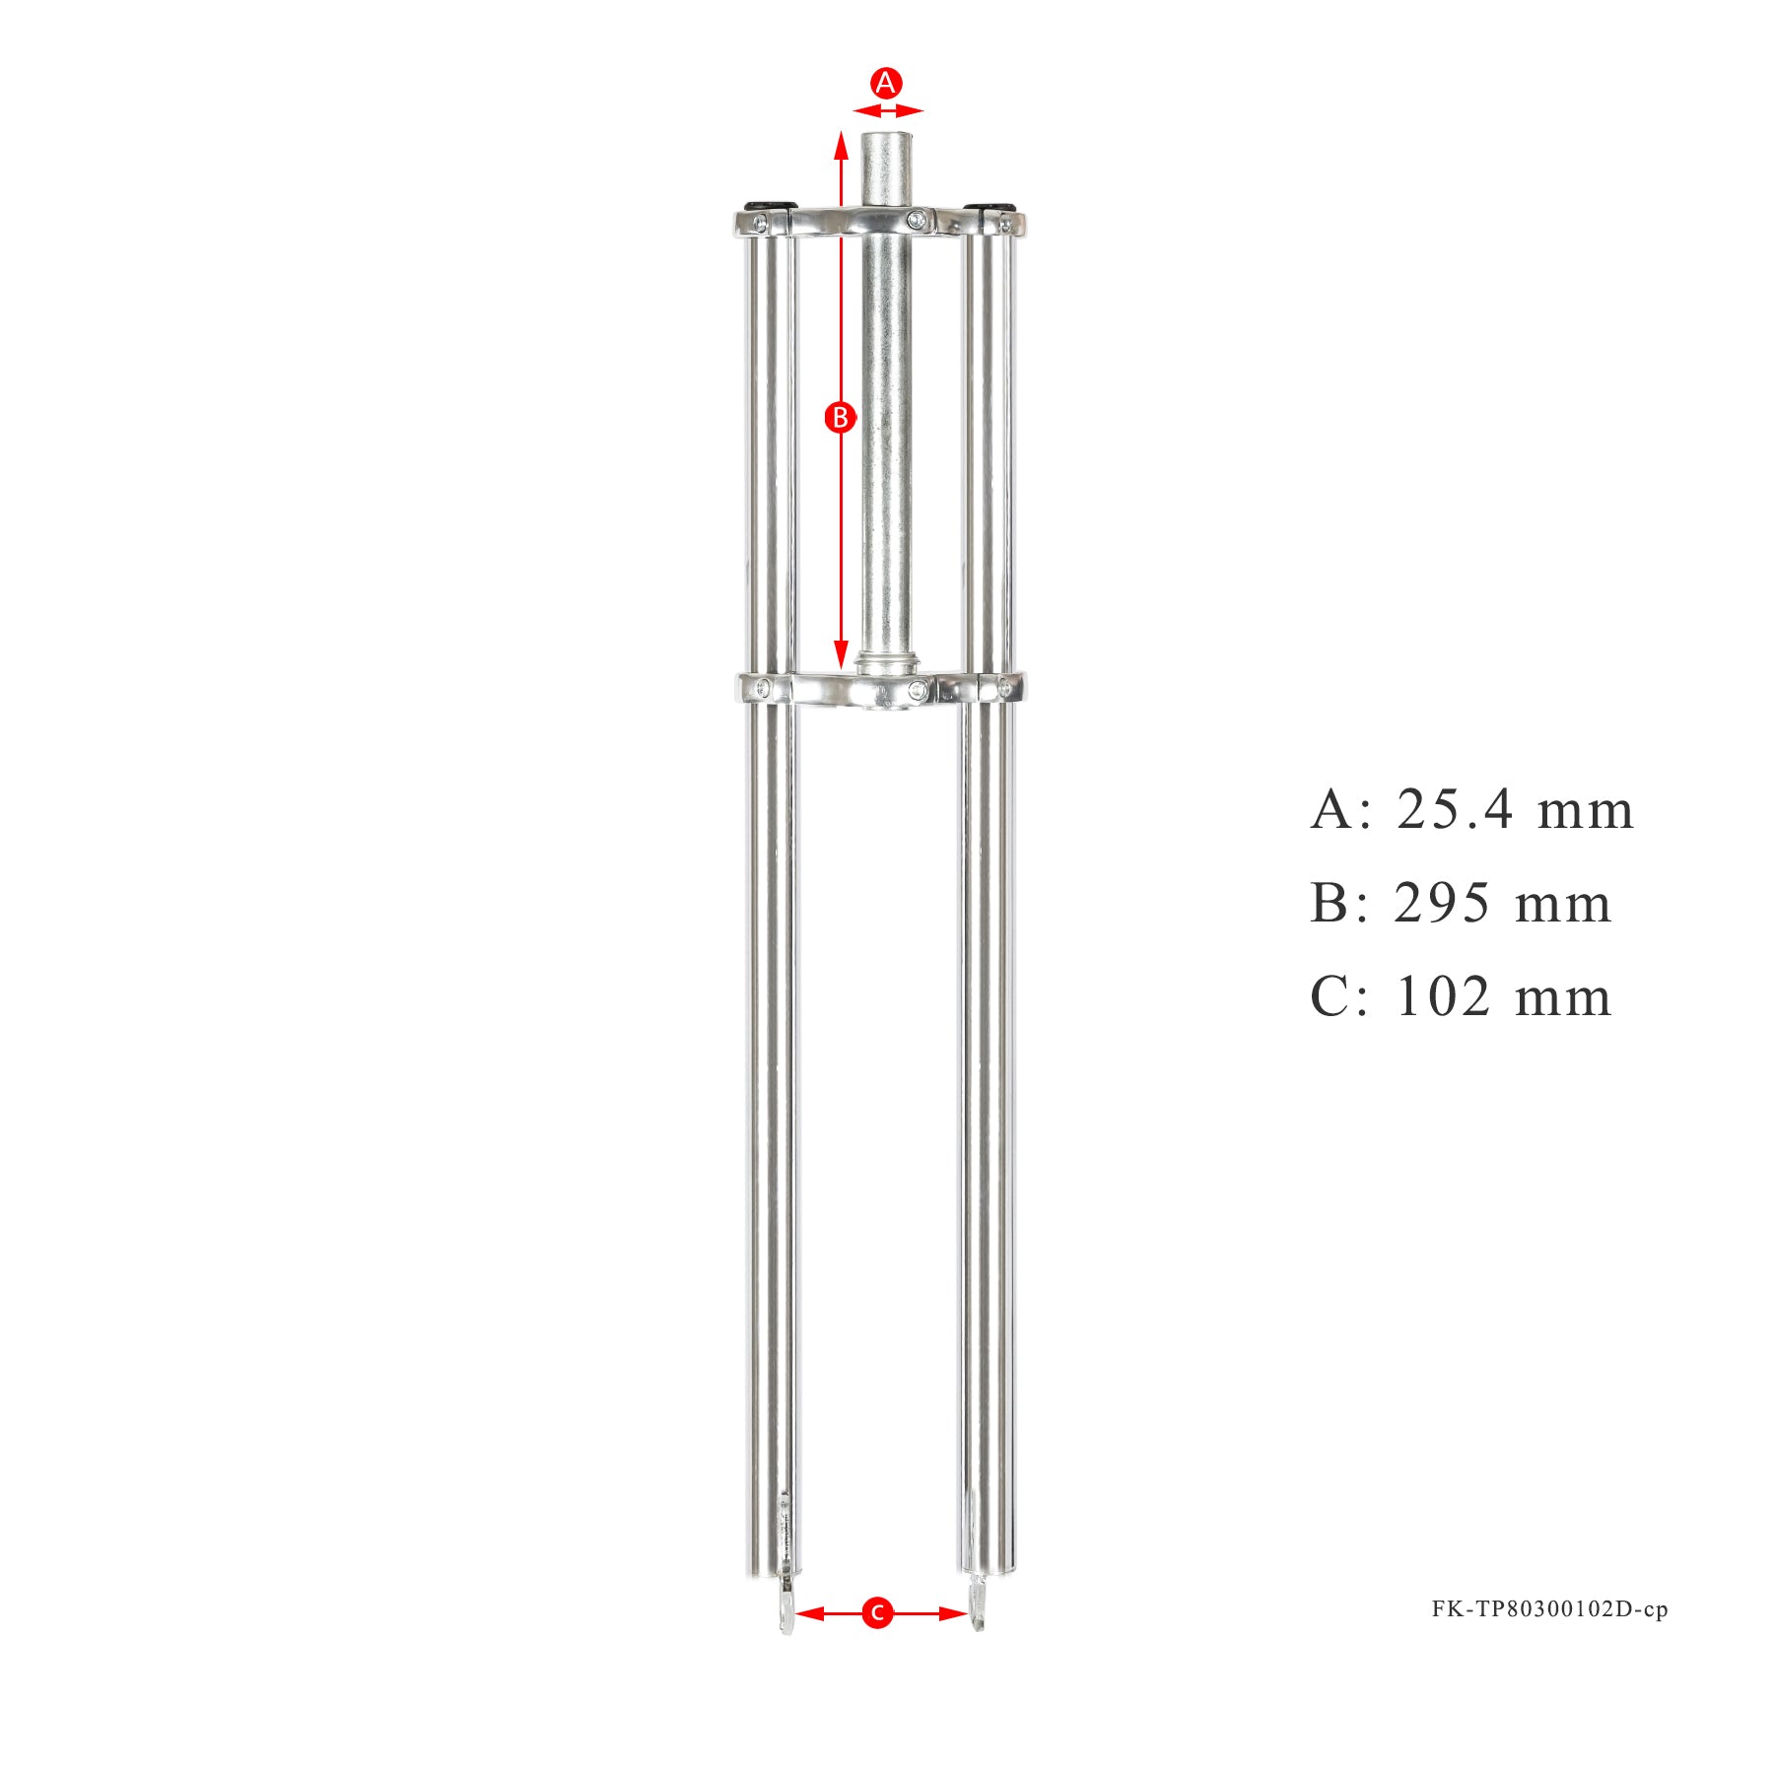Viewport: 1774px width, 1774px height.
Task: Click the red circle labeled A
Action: (x=886, y=83)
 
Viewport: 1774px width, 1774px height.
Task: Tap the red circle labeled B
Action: (x=840, y=418)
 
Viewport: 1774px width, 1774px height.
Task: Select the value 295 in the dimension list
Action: (x=1441, y=904)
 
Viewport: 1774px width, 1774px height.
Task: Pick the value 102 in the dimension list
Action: (x=1443, y=996)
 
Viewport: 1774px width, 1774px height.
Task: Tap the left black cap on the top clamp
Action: (x=770, y=205)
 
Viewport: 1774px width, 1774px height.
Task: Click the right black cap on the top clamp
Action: (x=989, y=206)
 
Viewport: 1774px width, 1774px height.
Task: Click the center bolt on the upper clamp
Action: (x=917, y=219)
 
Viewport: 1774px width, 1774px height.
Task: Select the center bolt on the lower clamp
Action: (x=918, y=688)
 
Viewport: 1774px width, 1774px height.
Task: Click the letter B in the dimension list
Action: (x=1330, y=904)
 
